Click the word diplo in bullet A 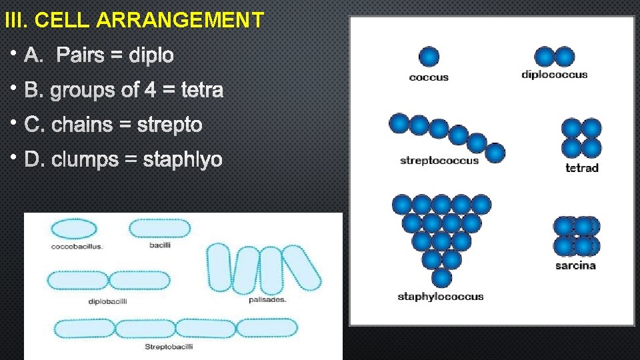tap(151, 55)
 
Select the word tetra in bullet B tap(202, 90)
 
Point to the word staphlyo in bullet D tap(183, 160)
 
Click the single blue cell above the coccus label tap(429, 57)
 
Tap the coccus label tap(429, 77)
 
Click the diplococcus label tap(555, 75)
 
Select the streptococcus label tap(439, 161)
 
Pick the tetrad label tap(582, 168)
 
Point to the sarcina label tap(575, 265)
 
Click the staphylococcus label tap(441, 297)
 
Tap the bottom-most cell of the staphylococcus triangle tap(441, 277)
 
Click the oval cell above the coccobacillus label tap(73, 229)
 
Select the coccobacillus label tap(77, 247)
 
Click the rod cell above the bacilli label tap(159, 229)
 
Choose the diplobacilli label tap(107, 301)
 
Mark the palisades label tap(267, 300)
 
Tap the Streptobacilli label tap(169, 347)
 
